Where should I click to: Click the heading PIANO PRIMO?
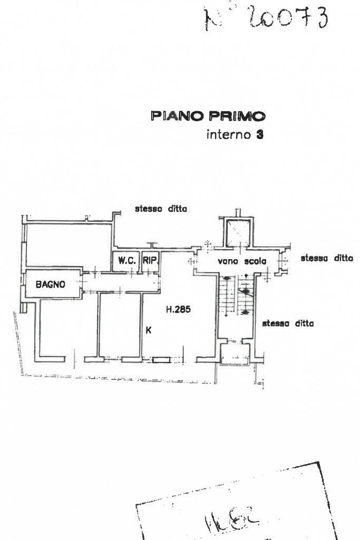point(208,116)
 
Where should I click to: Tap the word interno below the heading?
point(228,134)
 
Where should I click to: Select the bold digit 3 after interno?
point(259,134)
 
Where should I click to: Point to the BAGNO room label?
point(51,284)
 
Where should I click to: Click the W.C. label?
point(127,260)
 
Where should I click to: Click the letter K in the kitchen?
point(149,330)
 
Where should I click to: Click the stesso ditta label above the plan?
point(161,209)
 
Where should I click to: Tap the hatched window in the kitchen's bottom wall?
point(161,360)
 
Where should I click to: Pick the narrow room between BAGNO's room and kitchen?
point(120,325)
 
